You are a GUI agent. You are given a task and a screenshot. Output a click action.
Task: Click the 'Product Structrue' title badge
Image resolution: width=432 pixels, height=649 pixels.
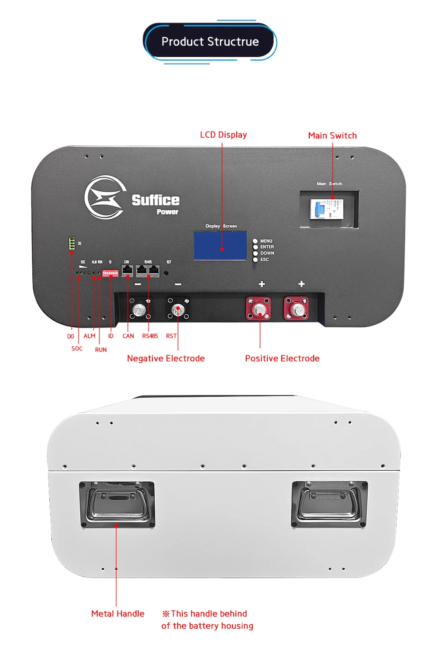tap(210, 42)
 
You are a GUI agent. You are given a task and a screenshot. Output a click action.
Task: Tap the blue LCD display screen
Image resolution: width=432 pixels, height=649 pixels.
tap(220, 246)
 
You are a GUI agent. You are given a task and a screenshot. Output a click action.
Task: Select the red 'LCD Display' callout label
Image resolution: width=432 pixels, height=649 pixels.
tap(223, 135)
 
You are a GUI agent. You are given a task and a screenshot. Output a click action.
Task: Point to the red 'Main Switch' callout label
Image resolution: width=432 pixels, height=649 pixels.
tap(332, 135)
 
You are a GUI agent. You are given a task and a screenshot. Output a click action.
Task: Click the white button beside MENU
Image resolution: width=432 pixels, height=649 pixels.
tap(255, 241)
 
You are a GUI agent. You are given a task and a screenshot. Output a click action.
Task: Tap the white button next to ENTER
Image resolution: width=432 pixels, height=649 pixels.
tap(255, 247)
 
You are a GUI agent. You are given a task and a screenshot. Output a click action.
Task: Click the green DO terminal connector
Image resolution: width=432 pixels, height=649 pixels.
tap(72, 243)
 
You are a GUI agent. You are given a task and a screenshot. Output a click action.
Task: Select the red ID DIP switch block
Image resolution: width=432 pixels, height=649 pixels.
tap(110, 273)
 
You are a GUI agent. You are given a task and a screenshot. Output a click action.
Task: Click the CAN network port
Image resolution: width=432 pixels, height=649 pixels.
tap(127, 270)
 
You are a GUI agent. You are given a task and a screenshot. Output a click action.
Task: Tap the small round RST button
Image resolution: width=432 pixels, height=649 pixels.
tap(166, 273)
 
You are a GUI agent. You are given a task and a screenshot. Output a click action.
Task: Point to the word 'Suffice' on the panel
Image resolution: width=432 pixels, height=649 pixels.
tap(156, 200)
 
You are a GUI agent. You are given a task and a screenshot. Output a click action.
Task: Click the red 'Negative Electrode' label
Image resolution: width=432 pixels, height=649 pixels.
tap(166, 358)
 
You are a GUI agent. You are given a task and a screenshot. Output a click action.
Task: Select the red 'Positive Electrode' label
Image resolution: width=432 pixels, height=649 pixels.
tap(282, 358)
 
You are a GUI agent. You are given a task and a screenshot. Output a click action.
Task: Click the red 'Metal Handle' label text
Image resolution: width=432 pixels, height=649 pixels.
tap(118, 614)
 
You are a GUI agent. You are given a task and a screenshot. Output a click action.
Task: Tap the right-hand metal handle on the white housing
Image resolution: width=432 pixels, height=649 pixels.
tap(330, 504)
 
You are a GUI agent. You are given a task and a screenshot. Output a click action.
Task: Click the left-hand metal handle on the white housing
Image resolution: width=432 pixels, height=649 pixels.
tap(117, 504)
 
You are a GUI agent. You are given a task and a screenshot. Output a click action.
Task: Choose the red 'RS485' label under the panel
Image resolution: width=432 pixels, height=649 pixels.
tap(150, 336)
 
